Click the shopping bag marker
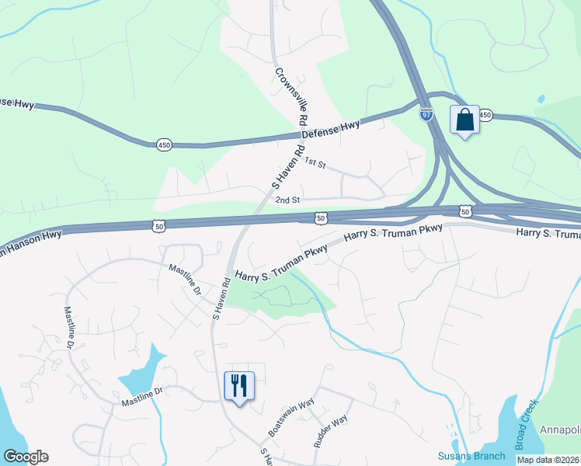[464, 120]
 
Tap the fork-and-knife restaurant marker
[238, 386]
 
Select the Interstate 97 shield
[426, 114]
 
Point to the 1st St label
[314, 162]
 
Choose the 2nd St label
[287, 200]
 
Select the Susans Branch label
[471, 456]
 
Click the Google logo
[26, 457]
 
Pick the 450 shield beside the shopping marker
[485, 115]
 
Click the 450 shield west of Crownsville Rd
[164, 144]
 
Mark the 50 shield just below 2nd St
[320, 220]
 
